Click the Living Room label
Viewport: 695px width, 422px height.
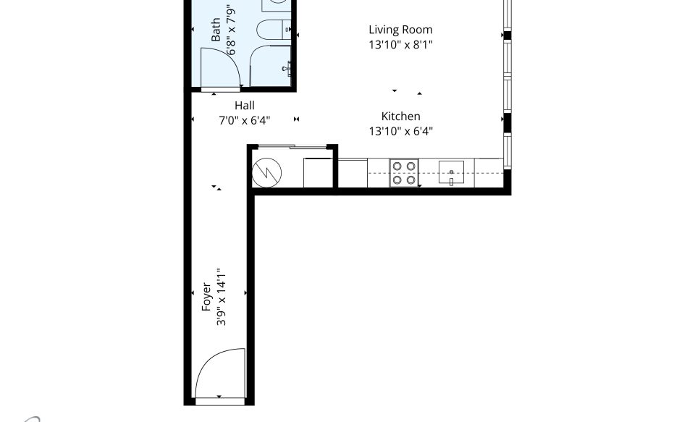click(400, 30)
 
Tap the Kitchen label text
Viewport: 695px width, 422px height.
click(400, 116)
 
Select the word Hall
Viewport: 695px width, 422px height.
click(245, 106)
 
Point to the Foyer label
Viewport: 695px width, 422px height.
click(206, 297)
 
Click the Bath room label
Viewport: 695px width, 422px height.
click(216, 30)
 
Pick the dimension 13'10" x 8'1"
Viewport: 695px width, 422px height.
click(400, 45)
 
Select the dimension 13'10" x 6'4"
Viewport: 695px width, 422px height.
click(400, 131)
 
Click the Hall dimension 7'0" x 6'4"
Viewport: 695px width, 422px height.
click(245, 120)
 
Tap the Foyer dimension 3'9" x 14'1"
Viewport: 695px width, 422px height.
click(222, 297)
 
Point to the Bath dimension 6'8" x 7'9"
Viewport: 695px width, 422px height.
click(230, 30)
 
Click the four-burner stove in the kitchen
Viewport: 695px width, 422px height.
click(404, 173)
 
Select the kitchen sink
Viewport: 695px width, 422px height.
click(451, 173)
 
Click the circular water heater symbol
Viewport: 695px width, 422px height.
click(267, 172)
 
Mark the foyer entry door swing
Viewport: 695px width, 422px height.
click(220, 374)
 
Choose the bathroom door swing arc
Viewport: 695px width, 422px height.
click(220, 67)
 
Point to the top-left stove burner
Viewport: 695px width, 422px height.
click(397, 166)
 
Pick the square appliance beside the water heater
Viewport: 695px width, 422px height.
click(319, 172)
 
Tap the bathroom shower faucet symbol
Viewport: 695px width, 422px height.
click(287, 68)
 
